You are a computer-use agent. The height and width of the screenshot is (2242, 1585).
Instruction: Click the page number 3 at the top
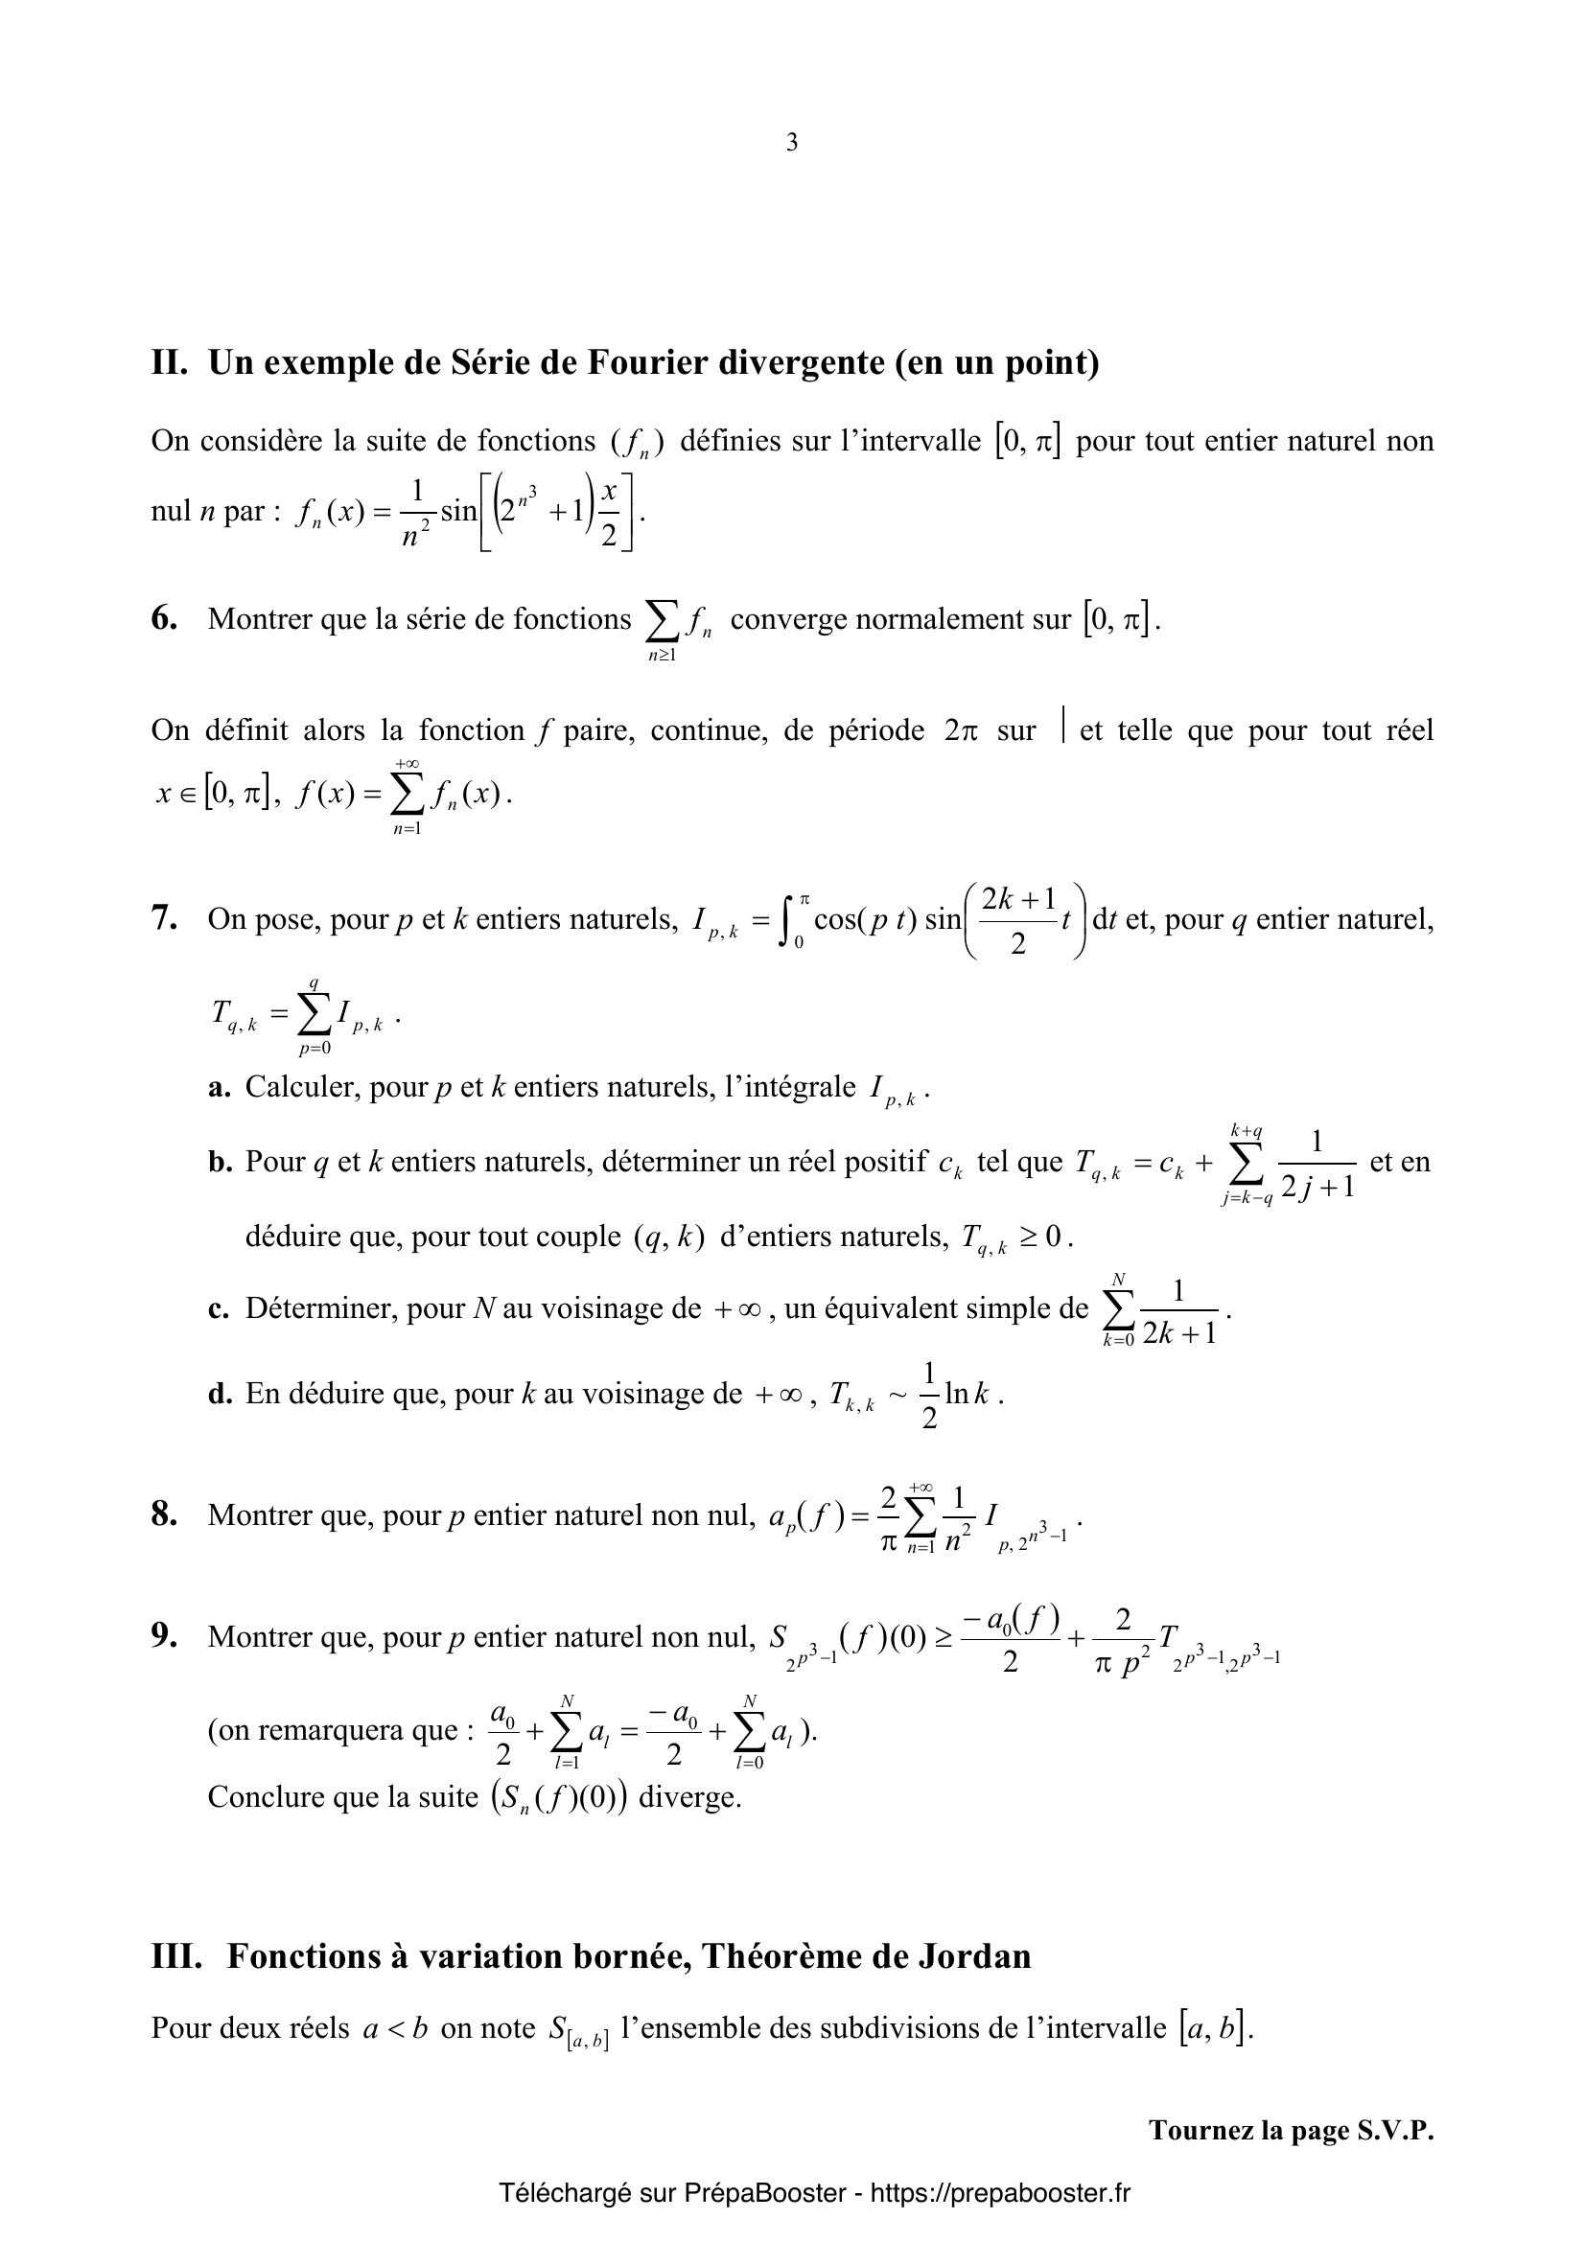[x=791, y=144]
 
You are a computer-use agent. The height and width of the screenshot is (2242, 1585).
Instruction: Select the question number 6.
[x=163, y=619]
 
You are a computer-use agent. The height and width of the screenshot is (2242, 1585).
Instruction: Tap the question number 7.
[x=163, y=919]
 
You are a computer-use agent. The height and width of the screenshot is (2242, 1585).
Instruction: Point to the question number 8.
[x=163, y=1514]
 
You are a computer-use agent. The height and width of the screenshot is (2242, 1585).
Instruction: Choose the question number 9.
[x=163, y=1635]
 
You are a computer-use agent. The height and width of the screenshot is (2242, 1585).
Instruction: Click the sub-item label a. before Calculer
[x=219, y=1087]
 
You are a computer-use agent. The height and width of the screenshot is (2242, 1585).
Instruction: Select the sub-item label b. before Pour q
[x=220, y=1162]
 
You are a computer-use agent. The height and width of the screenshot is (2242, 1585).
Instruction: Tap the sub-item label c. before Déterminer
[x=219, y=1308]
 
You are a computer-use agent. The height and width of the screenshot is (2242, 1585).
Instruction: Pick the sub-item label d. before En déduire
[x=220, y=1394]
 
